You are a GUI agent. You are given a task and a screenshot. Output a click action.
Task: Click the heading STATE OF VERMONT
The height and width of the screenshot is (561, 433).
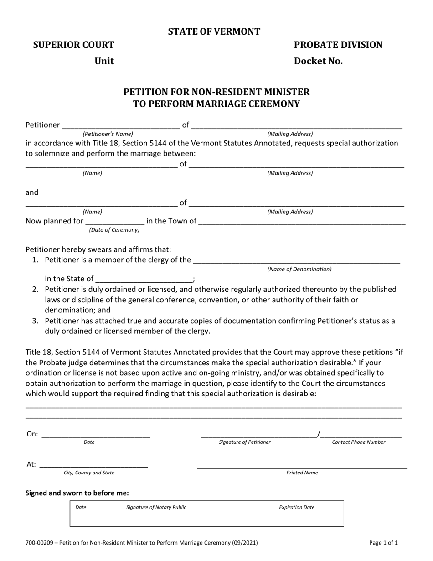point(214,31)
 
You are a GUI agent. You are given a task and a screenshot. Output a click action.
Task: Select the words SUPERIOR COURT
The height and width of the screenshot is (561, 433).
point(74,45)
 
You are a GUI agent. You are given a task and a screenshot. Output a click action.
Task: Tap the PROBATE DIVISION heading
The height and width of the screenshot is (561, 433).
point(338,45)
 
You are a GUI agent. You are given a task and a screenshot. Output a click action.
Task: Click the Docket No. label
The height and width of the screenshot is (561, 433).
point(318,61)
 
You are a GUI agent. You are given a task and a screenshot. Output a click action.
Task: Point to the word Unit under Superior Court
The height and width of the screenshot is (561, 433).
point(104,61)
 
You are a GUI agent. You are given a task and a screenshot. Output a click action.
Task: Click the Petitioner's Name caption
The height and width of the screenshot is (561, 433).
point(108,134)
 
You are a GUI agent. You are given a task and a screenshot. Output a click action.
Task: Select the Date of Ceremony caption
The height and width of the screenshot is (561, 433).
point(114,230)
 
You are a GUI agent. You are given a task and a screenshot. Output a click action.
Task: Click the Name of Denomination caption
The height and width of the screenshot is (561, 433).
point(299,270)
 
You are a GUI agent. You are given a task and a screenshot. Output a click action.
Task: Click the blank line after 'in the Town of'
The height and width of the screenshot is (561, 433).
point(302,222)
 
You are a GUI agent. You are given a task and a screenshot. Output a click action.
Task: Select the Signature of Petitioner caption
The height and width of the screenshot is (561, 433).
point(245,442)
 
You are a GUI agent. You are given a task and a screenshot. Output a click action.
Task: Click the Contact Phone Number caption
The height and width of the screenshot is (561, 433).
point(359,442)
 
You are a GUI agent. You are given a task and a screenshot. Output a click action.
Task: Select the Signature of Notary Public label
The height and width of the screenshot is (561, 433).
point(156,507)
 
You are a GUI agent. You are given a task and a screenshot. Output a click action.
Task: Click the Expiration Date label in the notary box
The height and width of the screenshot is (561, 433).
point(297,507)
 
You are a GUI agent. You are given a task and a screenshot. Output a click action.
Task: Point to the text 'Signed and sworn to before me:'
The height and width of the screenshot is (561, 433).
point(77,493)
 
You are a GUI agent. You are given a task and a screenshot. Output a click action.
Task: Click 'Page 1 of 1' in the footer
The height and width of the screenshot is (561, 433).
point(384,543)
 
